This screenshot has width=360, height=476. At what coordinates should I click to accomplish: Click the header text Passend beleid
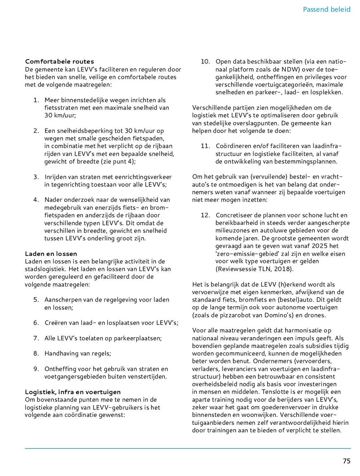[x=326, y=9]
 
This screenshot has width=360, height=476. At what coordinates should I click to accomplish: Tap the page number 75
[x=347, y=461]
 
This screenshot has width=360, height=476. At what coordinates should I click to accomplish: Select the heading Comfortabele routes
[x=60, y=61]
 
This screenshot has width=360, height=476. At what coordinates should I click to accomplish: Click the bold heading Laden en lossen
[x=51, y=253]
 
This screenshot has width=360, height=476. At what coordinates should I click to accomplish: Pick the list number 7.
[x=36, y=338]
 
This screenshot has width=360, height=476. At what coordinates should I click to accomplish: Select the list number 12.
[x=205, y=215]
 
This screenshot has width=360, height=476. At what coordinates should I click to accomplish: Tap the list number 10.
[x=205, y=61]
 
